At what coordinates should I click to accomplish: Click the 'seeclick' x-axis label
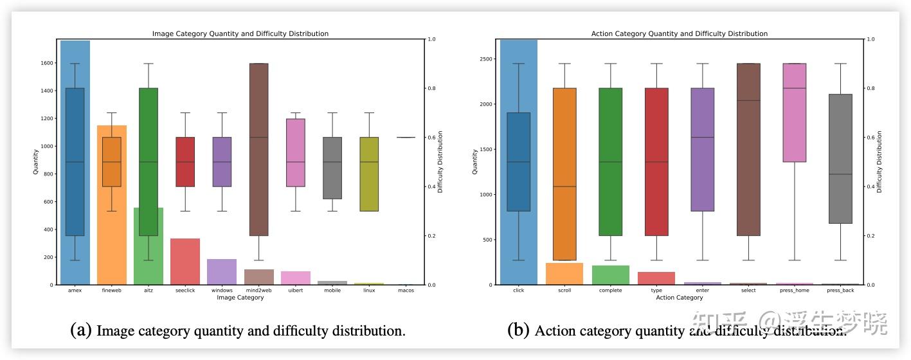click(x=185, y=291)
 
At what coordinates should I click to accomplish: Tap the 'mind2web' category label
click(x=258, y=291)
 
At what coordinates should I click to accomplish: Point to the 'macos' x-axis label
click(x=406, y=291)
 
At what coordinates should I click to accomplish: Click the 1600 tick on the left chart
click(x=47, y=63)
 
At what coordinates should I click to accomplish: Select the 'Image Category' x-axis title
click(x=240, y=298)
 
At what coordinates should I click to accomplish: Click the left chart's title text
click(x=240, y=33)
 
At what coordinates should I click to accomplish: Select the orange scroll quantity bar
click(x=564, y=274)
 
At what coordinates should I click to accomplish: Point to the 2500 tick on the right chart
click(x=485, y=59)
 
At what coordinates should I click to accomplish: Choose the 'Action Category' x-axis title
click(x=679, y=298)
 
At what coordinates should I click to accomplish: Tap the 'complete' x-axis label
click(x=611, y=291)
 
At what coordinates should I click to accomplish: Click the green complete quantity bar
click(x=611, y=275)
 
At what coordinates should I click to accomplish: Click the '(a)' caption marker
click(x=81, y=330)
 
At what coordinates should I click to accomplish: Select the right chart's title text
click(x=679, y=33)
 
